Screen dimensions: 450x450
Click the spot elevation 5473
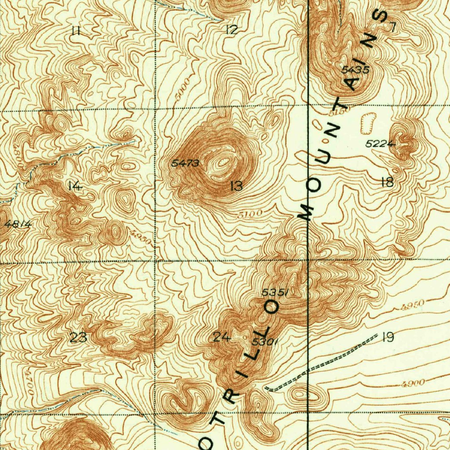click(x=185, y=163)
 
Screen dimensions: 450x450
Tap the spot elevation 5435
click(x=355, y=69)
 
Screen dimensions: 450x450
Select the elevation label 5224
click(x=381, y=143)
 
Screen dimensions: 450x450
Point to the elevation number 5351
click(x=274, y=292)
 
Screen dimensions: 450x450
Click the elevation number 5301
click(x=265, y=341)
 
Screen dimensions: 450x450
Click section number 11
click(x=76, y=30)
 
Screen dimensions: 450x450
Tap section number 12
click(x=231, y=29)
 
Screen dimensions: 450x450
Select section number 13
click(x=236, y=186)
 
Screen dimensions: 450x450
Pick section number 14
click(x=75, y=186)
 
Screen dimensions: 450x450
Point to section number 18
click(x=387, y=182)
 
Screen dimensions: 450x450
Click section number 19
click(x=388, y=337)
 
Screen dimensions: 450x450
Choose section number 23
click(x=79, y=338)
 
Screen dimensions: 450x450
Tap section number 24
click(x=221, y=337)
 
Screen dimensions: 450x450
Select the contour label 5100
click(x=251, y=214)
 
